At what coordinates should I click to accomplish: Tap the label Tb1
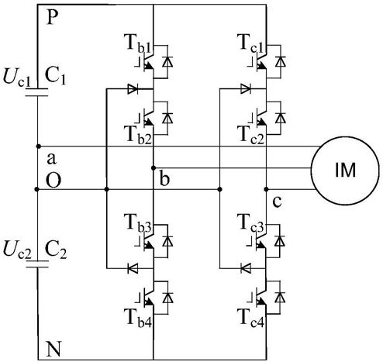point(139,44)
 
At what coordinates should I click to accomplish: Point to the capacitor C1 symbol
point(36,92)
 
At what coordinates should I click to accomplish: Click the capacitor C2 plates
point(37,264)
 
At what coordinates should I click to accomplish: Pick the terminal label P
point(53,18)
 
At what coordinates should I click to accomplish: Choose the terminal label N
point(54,349)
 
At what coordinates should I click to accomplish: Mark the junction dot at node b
point(154,168)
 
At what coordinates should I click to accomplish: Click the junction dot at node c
point(267,189)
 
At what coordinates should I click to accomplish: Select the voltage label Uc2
point(17,250)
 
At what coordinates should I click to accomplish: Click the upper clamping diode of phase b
point(133,89)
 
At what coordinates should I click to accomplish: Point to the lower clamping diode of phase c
point(246,268)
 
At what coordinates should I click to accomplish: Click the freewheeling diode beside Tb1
point(167,61)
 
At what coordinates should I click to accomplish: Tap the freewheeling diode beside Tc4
point(280,297)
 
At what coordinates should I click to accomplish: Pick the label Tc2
point(251,134)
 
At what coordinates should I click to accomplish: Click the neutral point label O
point(53,180)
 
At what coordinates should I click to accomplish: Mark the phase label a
point(51,159)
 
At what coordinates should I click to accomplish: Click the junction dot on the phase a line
point(39,147)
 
